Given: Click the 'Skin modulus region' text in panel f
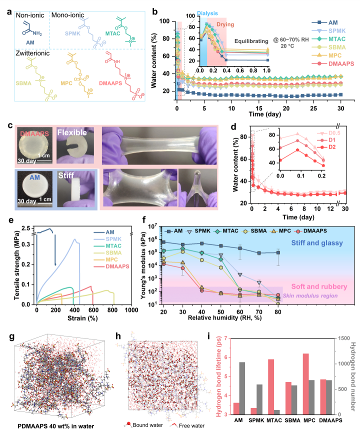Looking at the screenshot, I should [x=310, y=296].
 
